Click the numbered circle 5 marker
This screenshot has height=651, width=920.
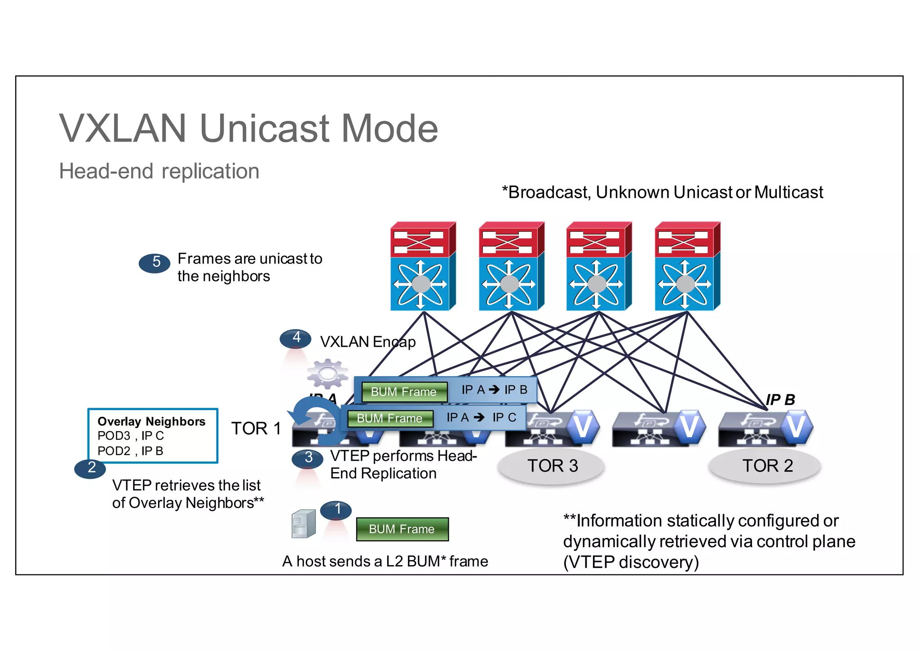coord(155,263)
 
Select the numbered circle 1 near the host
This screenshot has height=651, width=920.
coord(336,510)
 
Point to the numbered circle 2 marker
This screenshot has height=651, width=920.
coord(90,468)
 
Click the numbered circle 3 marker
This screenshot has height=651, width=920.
coord(307,458)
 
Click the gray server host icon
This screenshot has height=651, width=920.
coord(303,524)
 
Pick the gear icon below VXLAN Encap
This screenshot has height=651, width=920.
coord(327,374)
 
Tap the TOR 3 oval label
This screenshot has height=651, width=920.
coord(552,466)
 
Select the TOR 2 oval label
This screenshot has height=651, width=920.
coord(766,466)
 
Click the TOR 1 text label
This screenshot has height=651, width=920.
coord(256,428)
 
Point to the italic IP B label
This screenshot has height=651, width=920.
coord(780,400)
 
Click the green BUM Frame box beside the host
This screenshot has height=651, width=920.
coord(402,529)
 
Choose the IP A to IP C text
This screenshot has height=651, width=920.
coord(481,418)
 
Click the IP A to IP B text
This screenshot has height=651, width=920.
coord(494,390)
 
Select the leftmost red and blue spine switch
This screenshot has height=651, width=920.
coord(423,266)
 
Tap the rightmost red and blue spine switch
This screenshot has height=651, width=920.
coord(687,266)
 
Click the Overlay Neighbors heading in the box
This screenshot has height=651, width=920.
coord(151,422)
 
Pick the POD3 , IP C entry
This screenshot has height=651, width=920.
coord(131,436)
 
